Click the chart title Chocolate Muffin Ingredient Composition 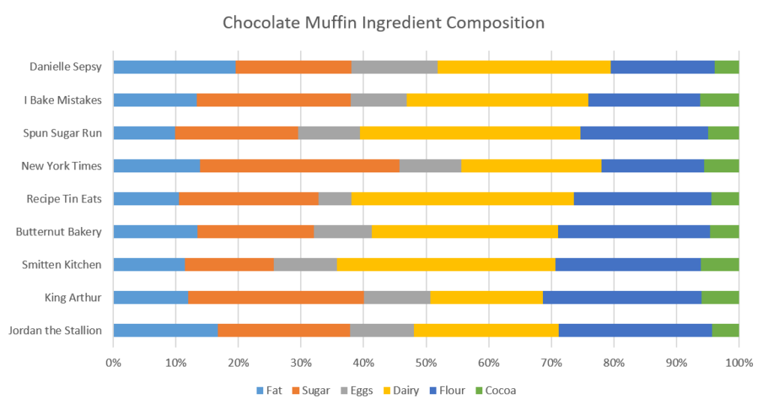383,22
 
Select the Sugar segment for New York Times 300,166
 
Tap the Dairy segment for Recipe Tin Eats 462,199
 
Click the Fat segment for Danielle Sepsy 174,67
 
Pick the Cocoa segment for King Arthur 720,298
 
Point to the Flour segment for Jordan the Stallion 635,331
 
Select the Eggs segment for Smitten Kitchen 305,265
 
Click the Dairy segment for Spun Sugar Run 470,133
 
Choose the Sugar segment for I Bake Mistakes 274,100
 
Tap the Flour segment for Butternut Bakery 634,232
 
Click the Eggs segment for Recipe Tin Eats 334,199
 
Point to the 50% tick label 426,363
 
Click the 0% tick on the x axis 113,363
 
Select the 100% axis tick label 739,363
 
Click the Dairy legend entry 406,391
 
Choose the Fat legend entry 269,391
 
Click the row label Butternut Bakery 58,232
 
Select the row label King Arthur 73,298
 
